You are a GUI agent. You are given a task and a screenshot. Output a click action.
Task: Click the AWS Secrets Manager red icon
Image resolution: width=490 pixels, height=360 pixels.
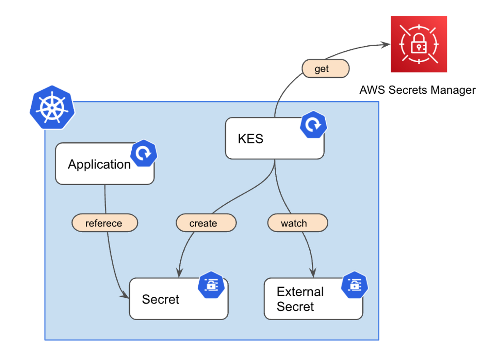click(419, 44)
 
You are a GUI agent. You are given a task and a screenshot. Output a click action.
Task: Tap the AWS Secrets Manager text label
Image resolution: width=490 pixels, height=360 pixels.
click(417, 90)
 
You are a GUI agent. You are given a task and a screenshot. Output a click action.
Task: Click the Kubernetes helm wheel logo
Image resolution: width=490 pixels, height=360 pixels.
click(52, 108)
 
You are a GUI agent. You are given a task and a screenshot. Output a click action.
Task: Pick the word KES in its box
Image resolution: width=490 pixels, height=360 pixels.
click(250, 139)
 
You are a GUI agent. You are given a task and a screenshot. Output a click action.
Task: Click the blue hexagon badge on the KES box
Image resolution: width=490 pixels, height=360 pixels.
click(313, 125)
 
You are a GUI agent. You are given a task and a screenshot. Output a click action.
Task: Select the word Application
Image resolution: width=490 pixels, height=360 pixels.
click(99, 164)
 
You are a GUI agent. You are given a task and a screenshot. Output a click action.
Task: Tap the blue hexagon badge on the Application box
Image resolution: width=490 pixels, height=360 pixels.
click(144, 153)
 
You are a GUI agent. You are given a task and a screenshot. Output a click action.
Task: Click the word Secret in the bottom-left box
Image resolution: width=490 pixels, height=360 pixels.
click(160, 299)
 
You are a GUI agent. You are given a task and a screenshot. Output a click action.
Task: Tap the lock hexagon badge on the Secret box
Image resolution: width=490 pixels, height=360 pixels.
click(211, 285)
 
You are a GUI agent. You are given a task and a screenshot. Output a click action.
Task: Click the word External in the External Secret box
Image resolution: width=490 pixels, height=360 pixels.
click(300, 292)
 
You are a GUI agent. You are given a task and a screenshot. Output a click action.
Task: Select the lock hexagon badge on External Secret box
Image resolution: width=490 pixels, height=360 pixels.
click(355, 285)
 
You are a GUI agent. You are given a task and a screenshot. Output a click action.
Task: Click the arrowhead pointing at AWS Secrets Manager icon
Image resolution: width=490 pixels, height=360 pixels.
click(386, 45)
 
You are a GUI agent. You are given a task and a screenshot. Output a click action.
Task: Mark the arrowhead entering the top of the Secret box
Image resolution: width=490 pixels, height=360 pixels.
click(179, 273)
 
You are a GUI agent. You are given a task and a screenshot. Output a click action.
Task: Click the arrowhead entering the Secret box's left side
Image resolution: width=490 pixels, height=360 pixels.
click(125, 296)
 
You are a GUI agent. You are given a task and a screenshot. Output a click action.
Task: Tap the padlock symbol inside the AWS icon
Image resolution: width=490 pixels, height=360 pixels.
click(419, 45)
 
